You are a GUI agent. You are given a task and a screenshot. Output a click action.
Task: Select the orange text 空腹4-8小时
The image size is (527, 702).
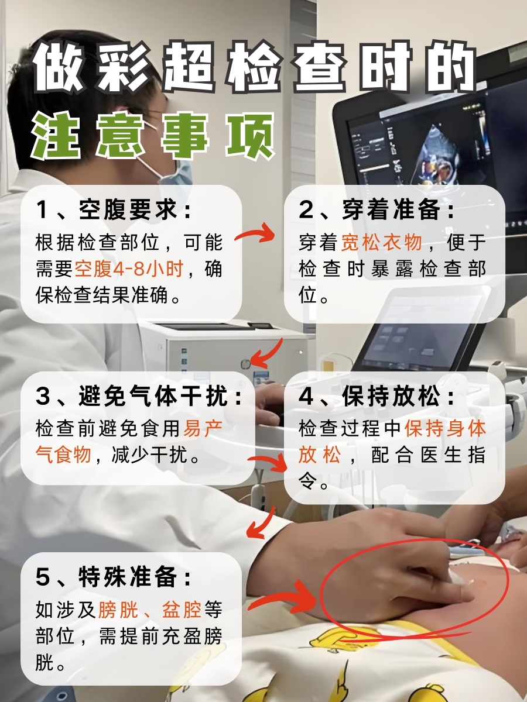pyautogui.click(x=129, y=269)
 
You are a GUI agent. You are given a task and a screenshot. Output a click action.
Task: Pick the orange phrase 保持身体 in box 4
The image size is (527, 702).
pyautogui.click(x=446, y=428)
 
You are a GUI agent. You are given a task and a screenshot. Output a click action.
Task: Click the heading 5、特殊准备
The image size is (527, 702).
pyautogui.click(x=114, y=577)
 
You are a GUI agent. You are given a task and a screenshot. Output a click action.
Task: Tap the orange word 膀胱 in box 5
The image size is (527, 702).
pyautogui.click(x=119, y=610)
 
